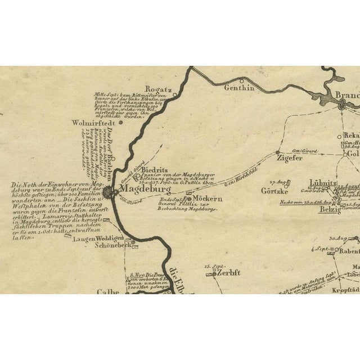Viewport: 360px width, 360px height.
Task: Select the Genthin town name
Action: [x=240, y=88]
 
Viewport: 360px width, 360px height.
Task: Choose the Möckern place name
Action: [x=208, y=200]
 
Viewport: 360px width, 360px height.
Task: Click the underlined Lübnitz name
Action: [x=323, y=183]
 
